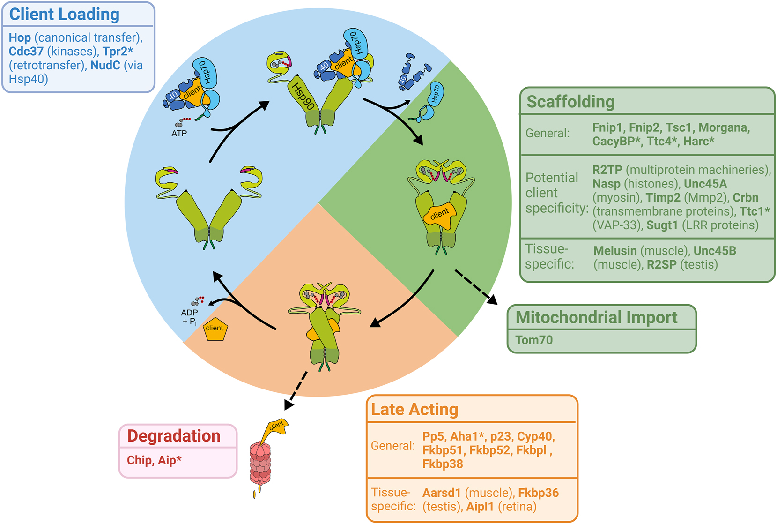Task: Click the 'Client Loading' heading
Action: (x=64, y=14)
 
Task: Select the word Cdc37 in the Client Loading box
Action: (x=26, y=52)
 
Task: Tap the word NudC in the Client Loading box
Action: (x=105, y=65)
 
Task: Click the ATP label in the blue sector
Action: (x=179, y=133)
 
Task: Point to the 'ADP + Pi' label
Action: (x=189, y=316)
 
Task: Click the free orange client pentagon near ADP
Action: (x=215, y=329)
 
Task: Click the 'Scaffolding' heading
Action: (x=570, y=102)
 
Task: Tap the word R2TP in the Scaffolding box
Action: (x=607, y=170)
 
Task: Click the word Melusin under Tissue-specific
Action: (x=614, y=251)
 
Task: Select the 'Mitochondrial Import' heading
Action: (x=596, y=317)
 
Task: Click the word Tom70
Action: (x=533, y=340)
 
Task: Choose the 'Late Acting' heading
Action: (x=414, y=409)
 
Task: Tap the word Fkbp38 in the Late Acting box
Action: (x=442, y=464)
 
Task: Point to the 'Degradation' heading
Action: (x=173, y=436)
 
